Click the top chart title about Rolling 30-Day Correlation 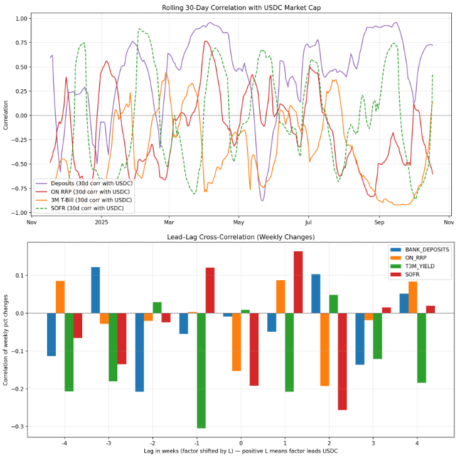pyautogui.click(x=241, y=7)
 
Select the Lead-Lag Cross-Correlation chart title pyautogui.click(x=241, y=237)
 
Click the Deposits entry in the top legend pyautogui.click(x=88, y=183)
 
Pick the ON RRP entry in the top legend pyautogui.click(x=88, y=192)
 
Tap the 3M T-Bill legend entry pyautogui.click(x=88, y=200)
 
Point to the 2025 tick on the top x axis pyautogui.click(x=102, y=222)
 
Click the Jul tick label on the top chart pyautogui.click(x=308, y=222)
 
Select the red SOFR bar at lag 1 pyautogui.click(x=298, y=282)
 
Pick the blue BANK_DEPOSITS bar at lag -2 pyautogui.click(x=139, y=352)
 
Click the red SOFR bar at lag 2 pyautogui.click(x=342, y=361)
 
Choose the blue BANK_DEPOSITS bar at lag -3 pyautogui.click(x=95, y=290)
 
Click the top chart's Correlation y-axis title pyautogui.click(x=6, y=116)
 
